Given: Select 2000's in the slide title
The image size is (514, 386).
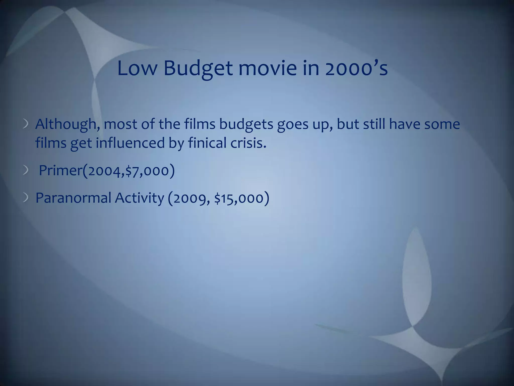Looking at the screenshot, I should (x=356, y=69).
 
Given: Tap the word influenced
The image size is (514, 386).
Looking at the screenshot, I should (x=130, y=143).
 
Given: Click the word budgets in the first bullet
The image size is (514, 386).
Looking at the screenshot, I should (x=246, y=124).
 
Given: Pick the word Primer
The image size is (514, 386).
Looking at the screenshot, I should (x=60, y=171).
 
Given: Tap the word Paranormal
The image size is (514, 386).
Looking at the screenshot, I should (x=73, y=198).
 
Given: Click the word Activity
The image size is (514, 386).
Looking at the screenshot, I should (x=139, y=198).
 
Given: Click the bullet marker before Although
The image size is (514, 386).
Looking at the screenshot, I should (x=26, y=124).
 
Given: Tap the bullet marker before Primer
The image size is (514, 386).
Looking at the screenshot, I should (x=26, y=171).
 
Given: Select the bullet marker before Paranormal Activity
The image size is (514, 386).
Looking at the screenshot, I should (x=26, y=198).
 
